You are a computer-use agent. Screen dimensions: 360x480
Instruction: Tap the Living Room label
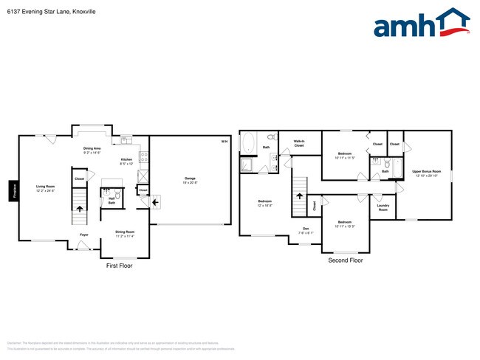pyautogui.click(x=46, y=187)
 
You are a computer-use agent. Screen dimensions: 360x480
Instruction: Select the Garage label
pyautogui.click(x=190, y=179)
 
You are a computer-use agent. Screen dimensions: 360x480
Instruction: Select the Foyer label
pyautogui.click(x=84, y=235)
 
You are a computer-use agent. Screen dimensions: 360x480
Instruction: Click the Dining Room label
pyautogui.click(x=125, y=234)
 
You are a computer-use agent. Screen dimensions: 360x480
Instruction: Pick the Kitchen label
pyautogui.click(x=126, y=161)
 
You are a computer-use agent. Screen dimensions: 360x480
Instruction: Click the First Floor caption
pyautogui.click(x=119, y=266)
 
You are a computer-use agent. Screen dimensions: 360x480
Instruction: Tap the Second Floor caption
pyautogui.click(x=346, y=260)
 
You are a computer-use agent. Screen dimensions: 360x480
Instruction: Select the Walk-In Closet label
pyautogui.click(x=299, y=144)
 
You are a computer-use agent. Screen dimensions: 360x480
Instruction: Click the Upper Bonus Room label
pyautogui.click(x=426, y=172)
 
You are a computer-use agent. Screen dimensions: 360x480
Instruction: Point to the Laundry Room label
pyautogui.click(x=383, y=207)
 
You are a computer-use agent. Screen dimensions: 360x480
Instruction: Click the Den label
pyautogui.click(x=305, y=229)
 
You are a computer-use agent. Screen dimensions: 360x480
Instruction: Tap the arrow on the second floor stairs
pyautogui.click(x=300, y=195)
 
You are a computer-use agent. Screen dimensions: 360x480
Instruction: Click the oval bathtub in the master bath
pyautogui.click(x=247, y=142)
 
